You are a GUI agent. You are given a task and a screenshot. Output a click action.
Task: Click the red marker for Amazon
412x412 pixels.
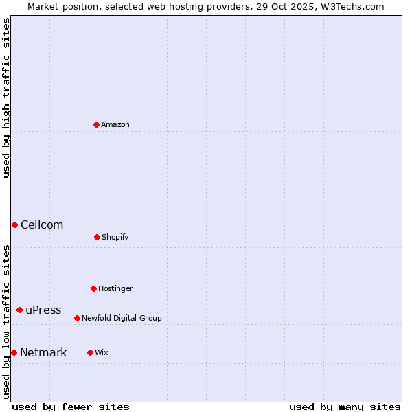coord(96,124)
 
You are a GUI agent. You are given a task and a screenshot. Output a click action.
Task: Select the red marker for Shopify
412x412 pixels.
coord(97,237)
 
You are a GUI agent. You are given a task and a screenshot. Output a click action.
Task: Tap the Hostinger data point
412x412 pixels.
coord(93,288)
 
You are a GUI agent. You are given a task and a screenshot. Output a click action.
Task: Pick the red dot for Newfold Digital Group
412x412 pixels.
coord(77,318)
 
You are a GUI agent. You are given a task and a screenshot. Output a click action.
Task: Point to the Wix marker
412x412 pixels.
coord(90,352)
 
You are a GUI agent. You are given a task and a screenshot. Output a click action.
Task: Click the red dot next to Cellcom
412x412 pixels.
coord(14,225)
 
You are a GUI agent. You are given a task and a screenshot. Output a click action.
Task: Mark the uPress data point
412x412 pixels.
coord(19,310)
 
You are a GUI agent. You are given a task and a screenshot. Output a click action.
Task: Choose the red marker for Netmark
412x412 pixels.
coord(14,352)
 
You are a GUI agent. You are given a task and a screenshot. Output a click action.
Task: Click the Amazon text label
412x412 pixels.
coord(115,124)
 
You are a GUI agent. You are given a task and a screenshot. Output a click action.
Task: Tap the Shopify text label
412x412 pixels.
coord(115,237)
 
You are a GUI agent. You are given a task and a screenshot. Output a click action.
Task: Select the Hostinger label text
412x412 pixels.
coord(115,288)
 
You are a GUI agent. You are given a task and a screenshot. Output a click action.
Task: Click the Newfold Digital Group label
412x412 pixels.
coord(122,318)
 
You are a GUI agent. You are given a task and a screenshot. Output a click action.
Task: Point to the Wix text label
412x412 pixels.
coord(102,352)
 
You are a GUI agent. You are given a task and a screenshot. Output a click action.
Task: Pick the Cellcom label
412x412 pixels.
coord(42,225)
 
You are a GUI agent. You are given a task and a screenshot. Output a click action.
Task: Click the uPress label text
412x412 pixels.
coord(43,310)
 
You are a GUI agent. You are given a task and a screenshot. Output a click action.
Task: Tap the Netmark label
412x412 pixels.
coord(43,352)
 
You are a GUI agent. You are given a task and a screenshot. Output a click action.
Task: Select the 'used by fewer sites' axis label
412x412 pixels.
coord(70,407)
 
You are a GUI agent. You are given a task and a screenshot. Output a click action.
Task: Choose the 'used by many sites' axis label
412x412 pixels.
coord(345,407)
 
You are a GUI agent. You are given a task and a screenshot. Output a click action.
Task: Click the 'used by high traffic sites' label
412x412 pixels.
coord(6,98)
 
